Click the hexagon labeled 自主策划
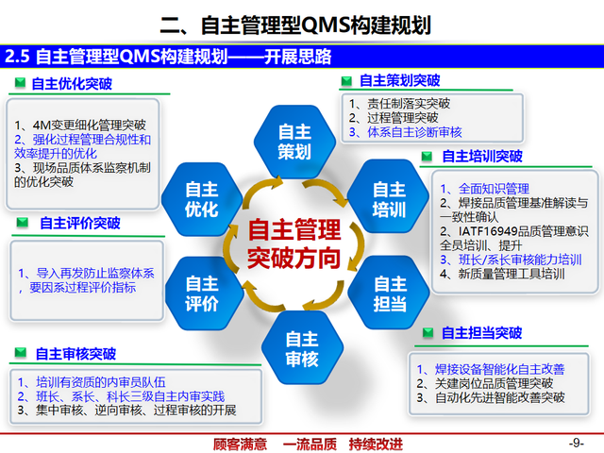pos(294,141)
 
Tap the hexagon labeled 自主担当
pos(389,293)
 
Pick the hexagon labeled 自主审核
pos(302,349)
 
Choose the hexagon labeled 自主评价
pos(201,293)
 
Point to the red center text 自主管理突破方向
pos(294,244)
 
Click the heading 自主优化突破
pos(71,84)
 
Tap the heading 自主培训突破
pos(481,156)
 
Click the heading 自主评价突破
pos(79,224)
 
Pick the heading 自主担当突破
pos(481,332)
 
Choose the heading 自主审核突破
pos(75,354)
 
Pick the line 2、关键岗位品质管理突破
pos(484,383)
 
